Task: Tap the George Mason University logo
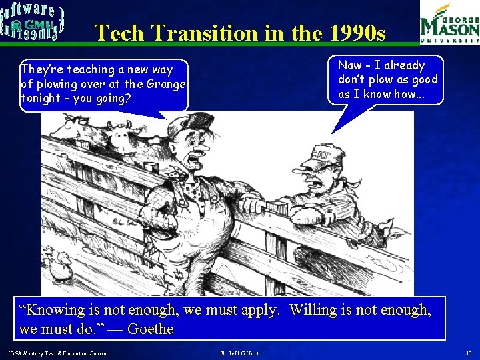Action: click(449, 23)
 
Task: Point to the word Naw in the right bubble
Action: click(350, 65)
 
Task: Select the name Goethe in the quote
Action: click(150, 329)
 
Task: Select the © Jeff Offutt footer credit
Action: click(239, 352)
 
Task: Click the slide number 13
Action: click(469, 352)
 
